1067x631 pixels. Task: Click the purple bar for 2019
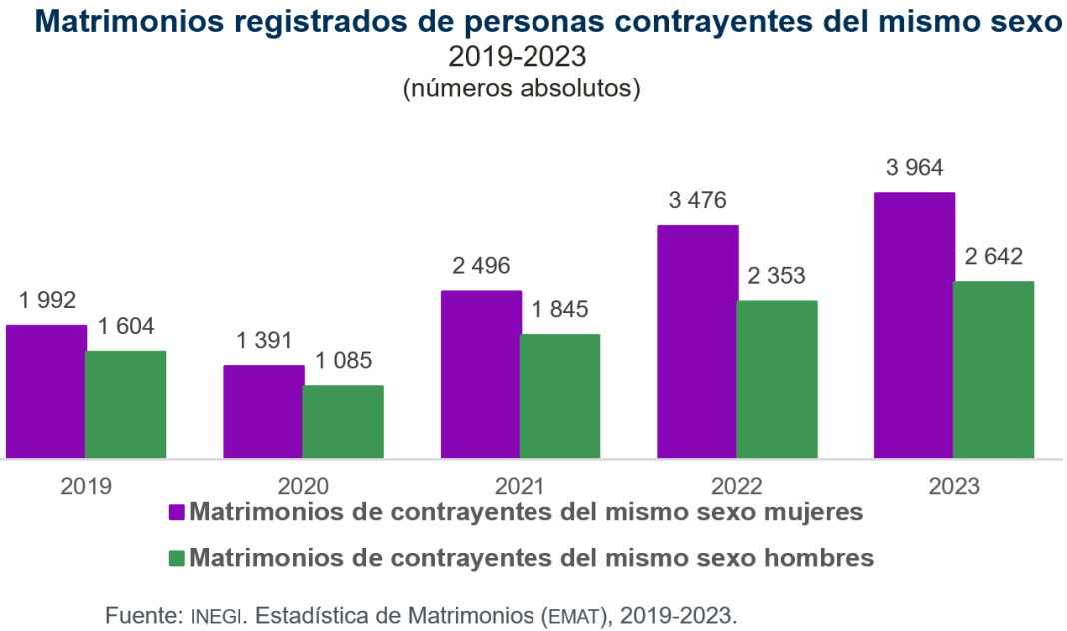[45, 392]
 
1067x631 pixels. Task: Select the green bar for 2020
[343, 422]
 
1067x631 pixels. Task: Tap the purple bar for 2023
[914, 326]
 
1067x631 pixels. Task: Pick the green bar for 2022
[777, 380]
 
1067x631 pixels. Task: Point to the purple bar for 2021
[481, 375]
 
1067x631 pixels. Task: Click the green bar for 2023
[993, 370]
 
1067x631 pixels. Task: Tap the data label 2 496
[481, 266]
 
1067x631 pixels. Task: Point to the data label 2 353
[777, 276]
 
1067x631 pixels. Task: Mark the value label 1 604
[126, 326]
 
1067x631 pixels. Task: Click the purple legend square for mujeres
[177, 513]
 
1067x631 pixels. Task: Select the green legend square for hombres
[177, 557]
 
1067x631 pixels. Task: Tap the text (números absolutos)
[521, 88]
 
